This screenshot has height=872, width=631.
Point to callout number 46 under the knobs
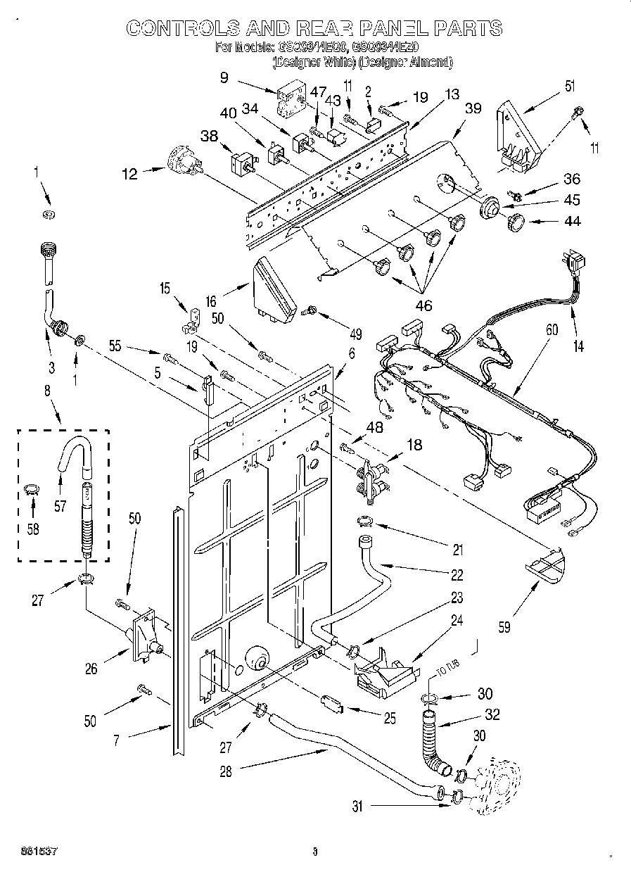(424, 306)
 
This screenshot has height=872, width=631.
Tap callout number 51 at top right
(569, 87)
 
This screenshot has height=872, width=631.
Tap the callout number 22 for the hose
(457, 575)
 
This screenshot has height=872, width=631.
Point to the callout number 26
(91, 669)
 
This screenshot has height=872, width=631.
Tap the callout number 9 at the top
(224, 77)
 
